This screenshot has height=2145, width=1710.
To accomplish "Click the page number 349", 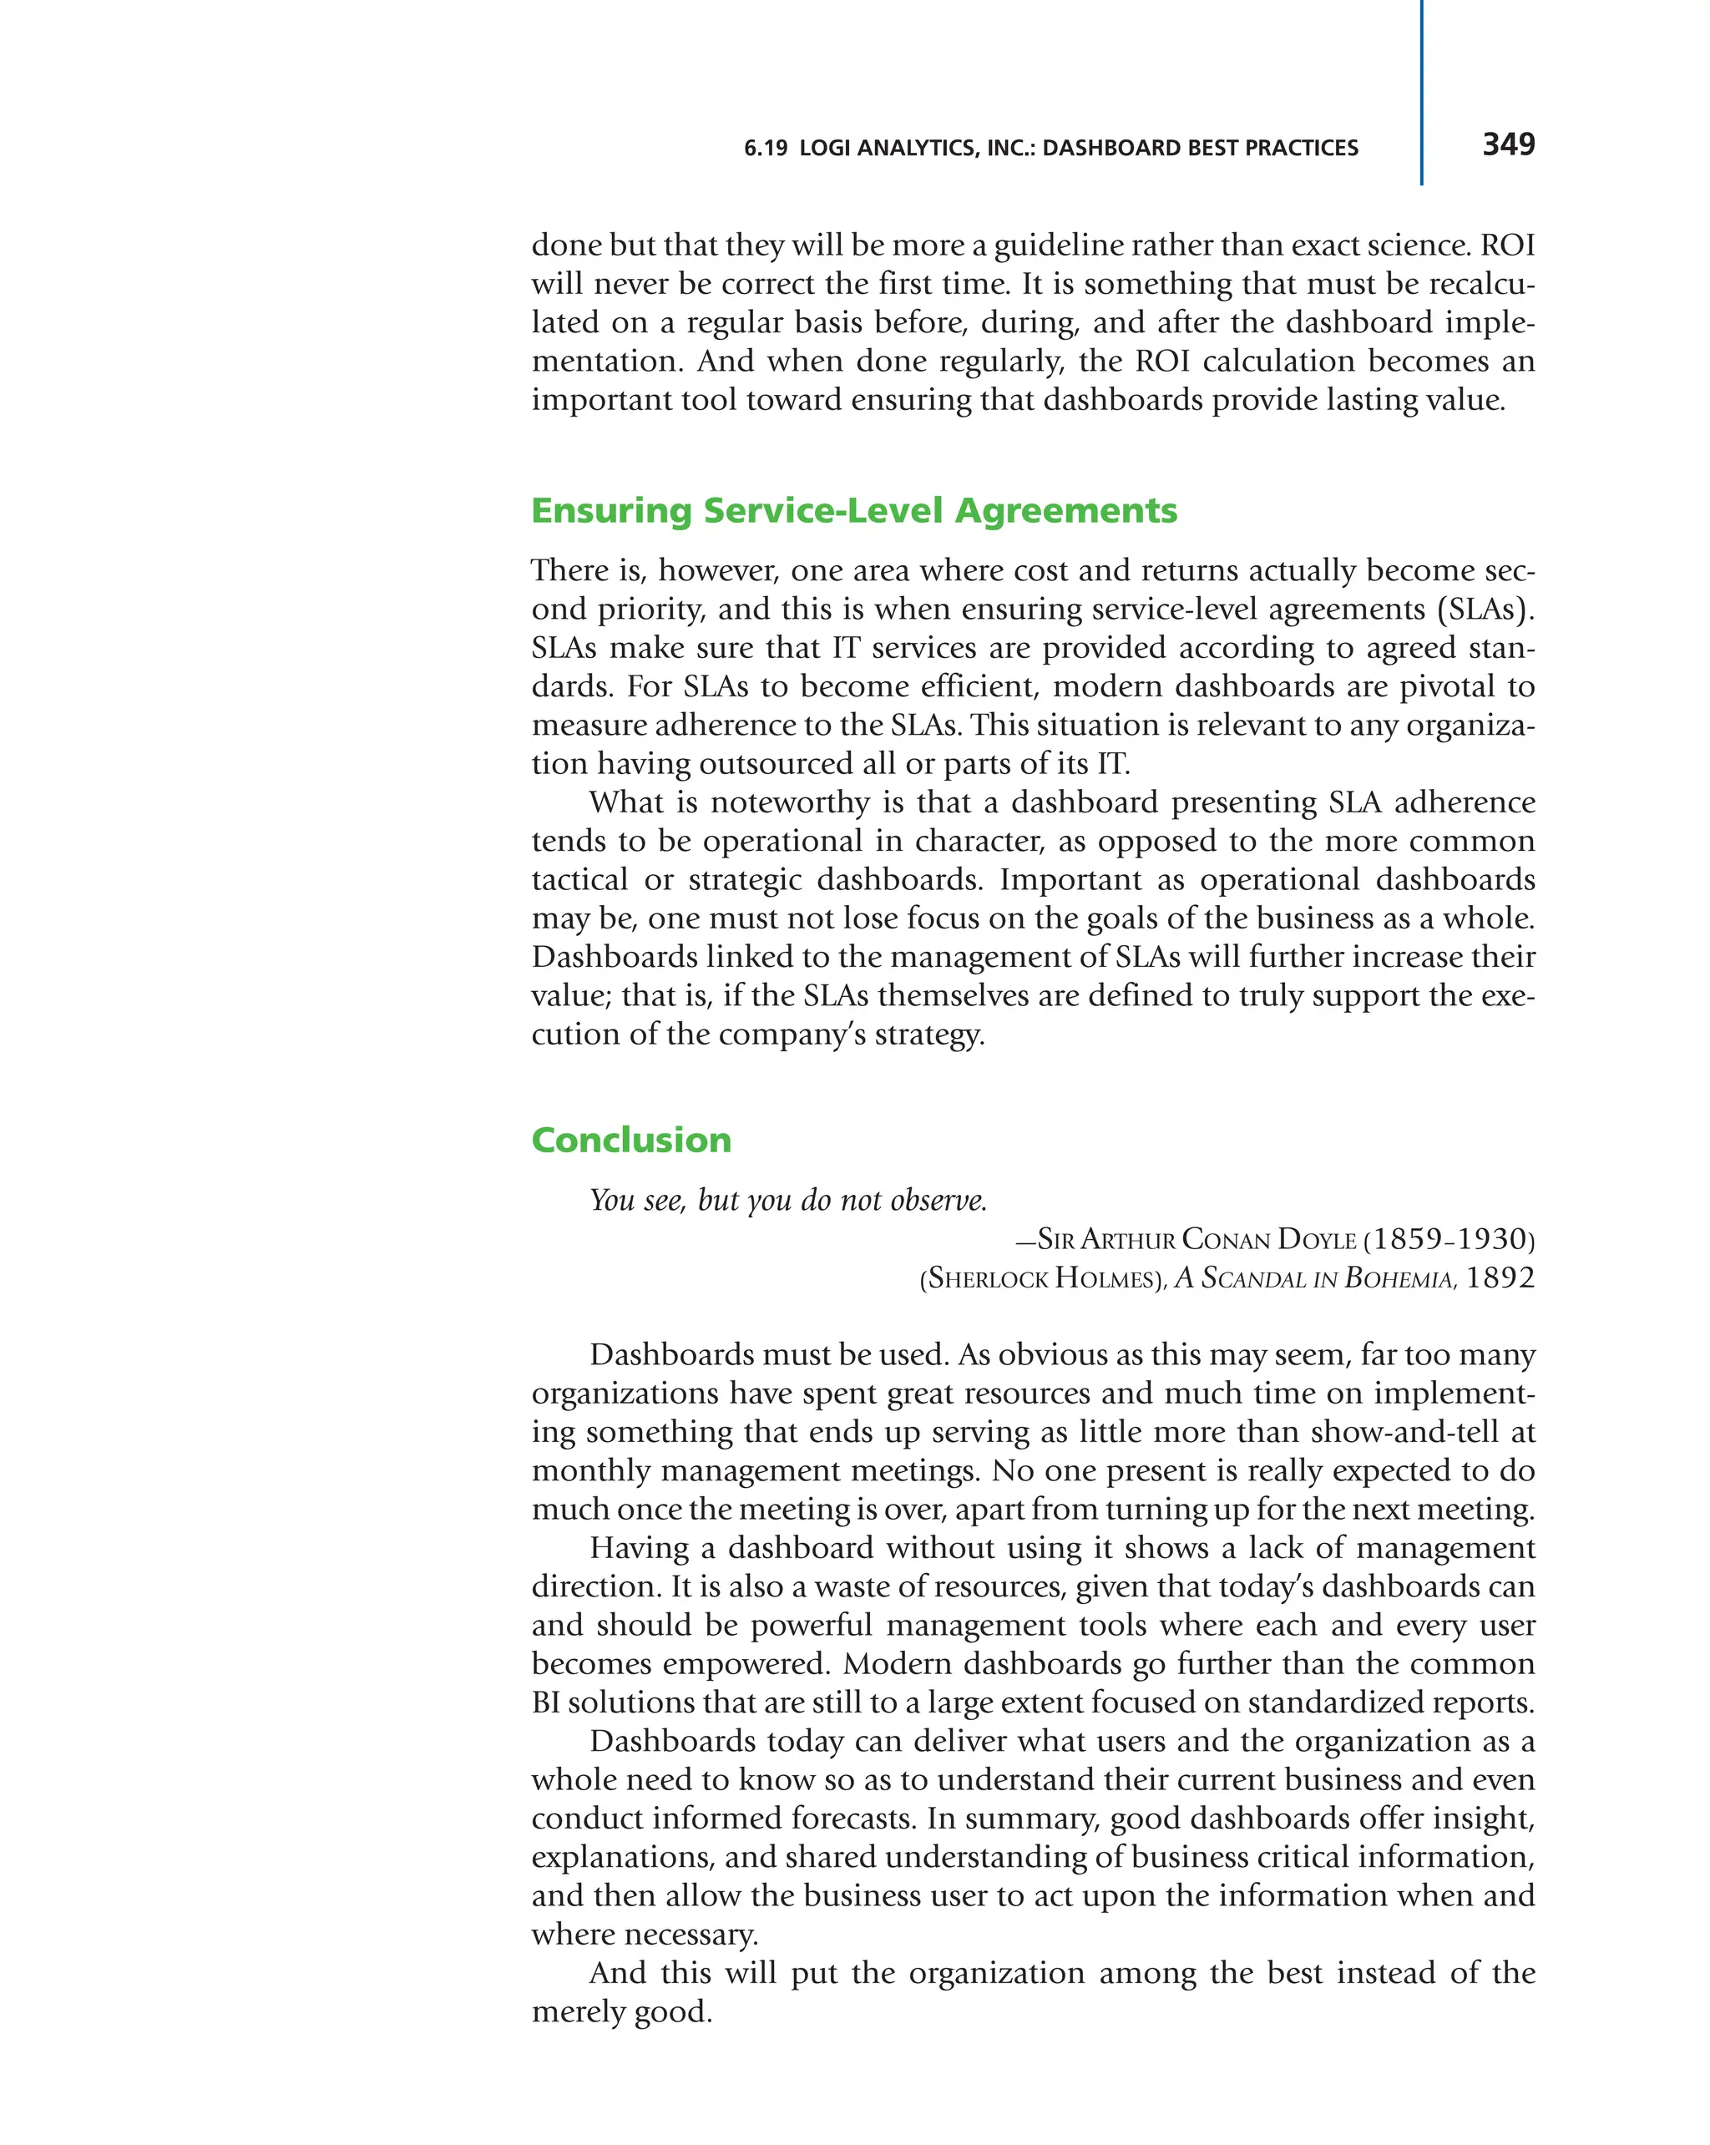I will coord(1507,144).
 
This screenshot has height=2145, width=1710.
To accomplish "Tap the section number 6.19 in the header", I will coord(765,149).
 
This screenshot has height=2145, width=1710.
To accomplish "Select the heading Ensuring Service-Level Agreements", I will coord(853,510).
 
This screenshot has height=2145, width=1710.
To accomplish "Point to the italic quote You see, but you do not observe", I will coord(788,1200).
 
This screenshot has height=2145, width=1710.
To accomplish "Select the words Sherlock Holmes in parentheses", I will coord(1043,1278).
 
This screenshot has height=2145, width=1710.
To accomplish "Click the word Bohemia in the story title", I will coord(1398,1278).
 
